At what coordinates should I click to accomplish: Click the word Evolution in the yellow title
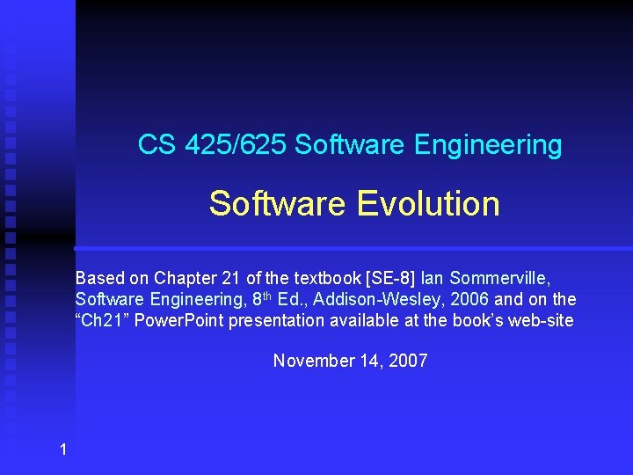pyautogui.click(x=428, y=204)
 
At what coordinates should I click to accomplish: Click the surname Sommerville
pyautogui.click(x=499, y=278)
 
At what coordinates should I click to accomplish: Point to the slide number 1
pyautogui.click(x=62, y=450)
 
